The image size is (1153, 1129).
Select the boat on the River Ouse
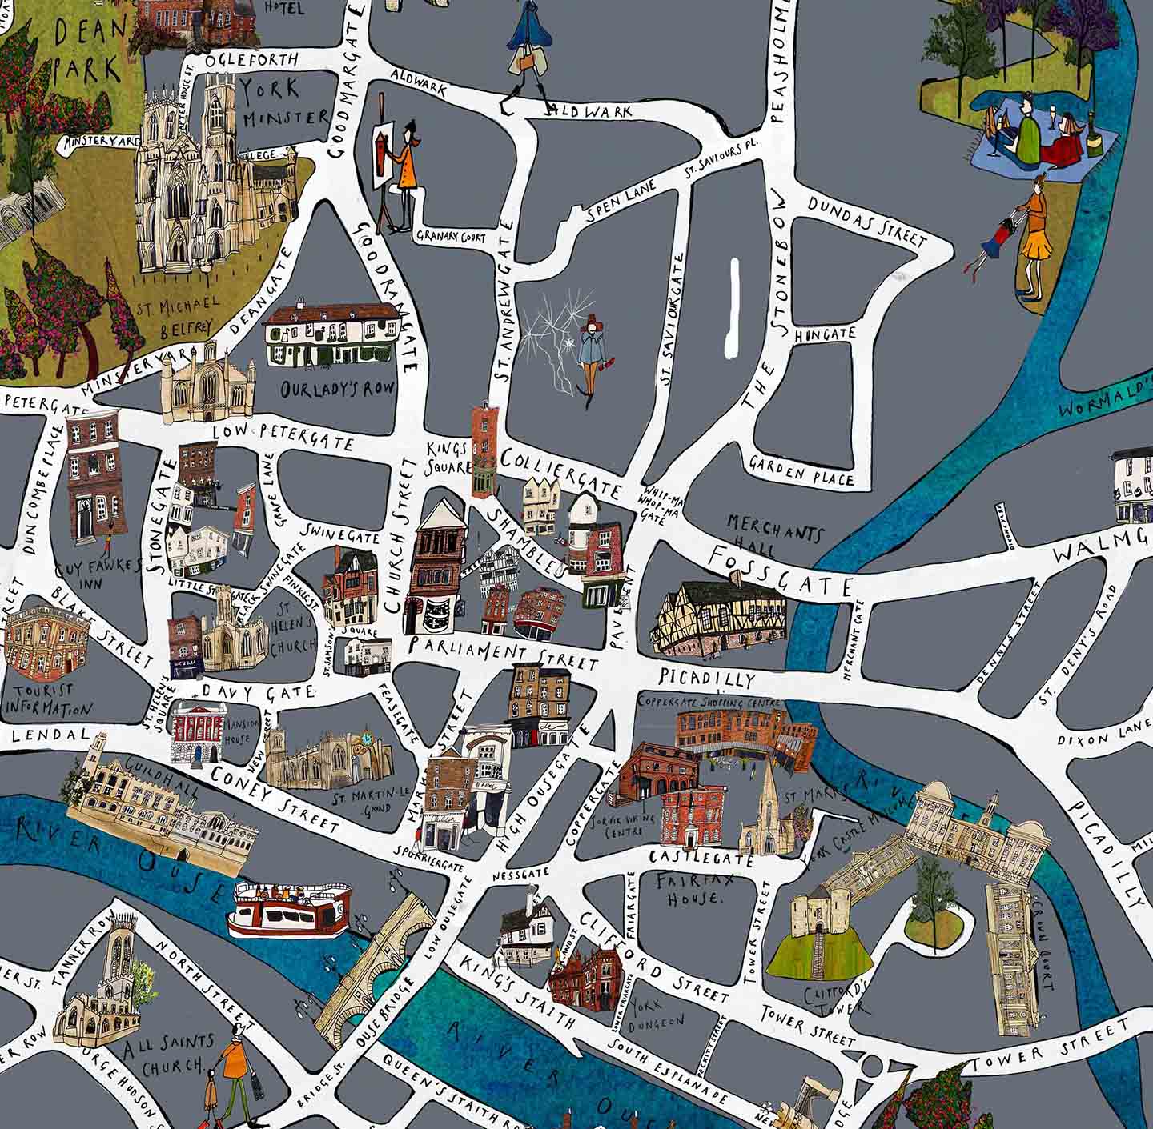290,909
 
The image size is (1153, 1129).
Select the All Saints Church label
169,1055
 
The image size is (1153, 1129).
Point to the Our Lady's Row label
338,390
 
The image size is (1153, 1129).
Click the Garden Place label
801,470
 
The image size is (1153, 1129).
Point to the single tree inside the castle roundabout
931,891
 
